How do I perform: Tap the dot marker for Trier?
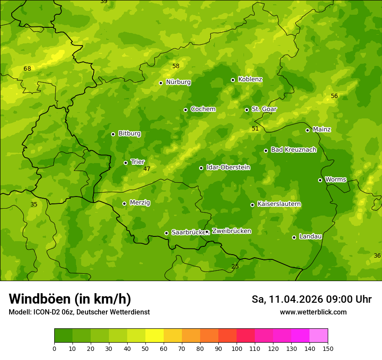[125, 163]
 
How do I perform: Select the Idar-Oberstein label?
[228, 167]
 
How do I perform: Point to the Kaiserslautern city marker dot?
[252, 205]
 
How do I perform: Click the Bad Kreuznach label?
[293, 150]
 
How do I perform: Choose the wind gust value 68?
[27, 69]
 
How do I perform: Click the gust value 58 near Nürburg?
[176, 66]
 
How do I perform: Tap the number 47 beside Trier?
[147, 169]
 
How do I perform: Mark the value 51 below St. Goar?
[255, 128]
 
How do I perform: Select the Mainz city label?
[322, 129]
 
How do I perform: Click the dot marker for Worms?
[320, 180]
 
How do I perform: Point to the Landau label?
[310, 236]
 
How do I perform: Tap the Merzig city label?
[140, 203]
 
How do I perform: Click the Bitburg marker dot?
[113, 134]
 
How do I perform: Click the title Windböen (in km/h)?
[70, 299]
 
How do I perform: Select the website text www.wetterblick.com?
[313, 312]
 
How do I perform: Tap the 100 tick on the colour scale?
[237, 348]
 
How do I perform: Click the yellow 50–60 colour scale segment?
[155, 336]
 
